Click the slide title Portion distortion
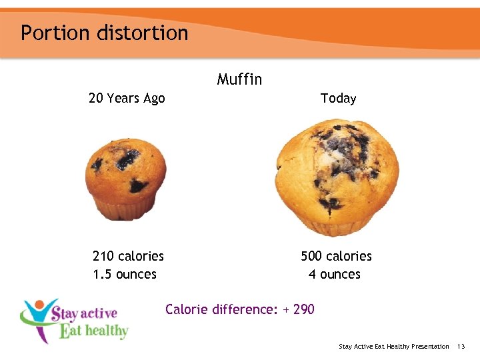pos(104,33)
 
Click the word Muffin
pos(239,80)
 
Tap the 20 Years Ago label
pos(127,99)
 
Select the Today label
pos(338,99)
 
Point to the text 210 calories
pos(128,256)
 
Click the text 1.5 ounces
pos(125,274)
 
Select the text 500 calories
pos(336,256)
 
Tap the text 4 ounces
pos(334,274)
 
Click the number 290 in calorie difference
pos(303,309)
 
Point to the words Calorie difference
pos(219,309)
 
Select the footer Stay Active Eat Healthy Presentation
pos(393,347)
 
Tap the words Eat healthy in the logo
pos(93,330)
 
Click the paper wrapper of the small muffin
pos(125,210)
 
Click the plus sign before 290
pos(285,309)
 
